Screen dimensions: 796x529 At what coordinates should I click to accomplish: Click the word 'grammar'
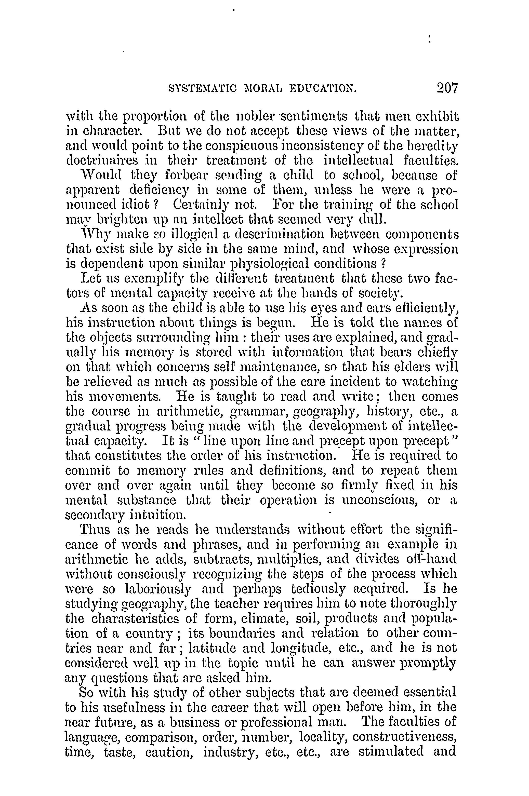[258, 412]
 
